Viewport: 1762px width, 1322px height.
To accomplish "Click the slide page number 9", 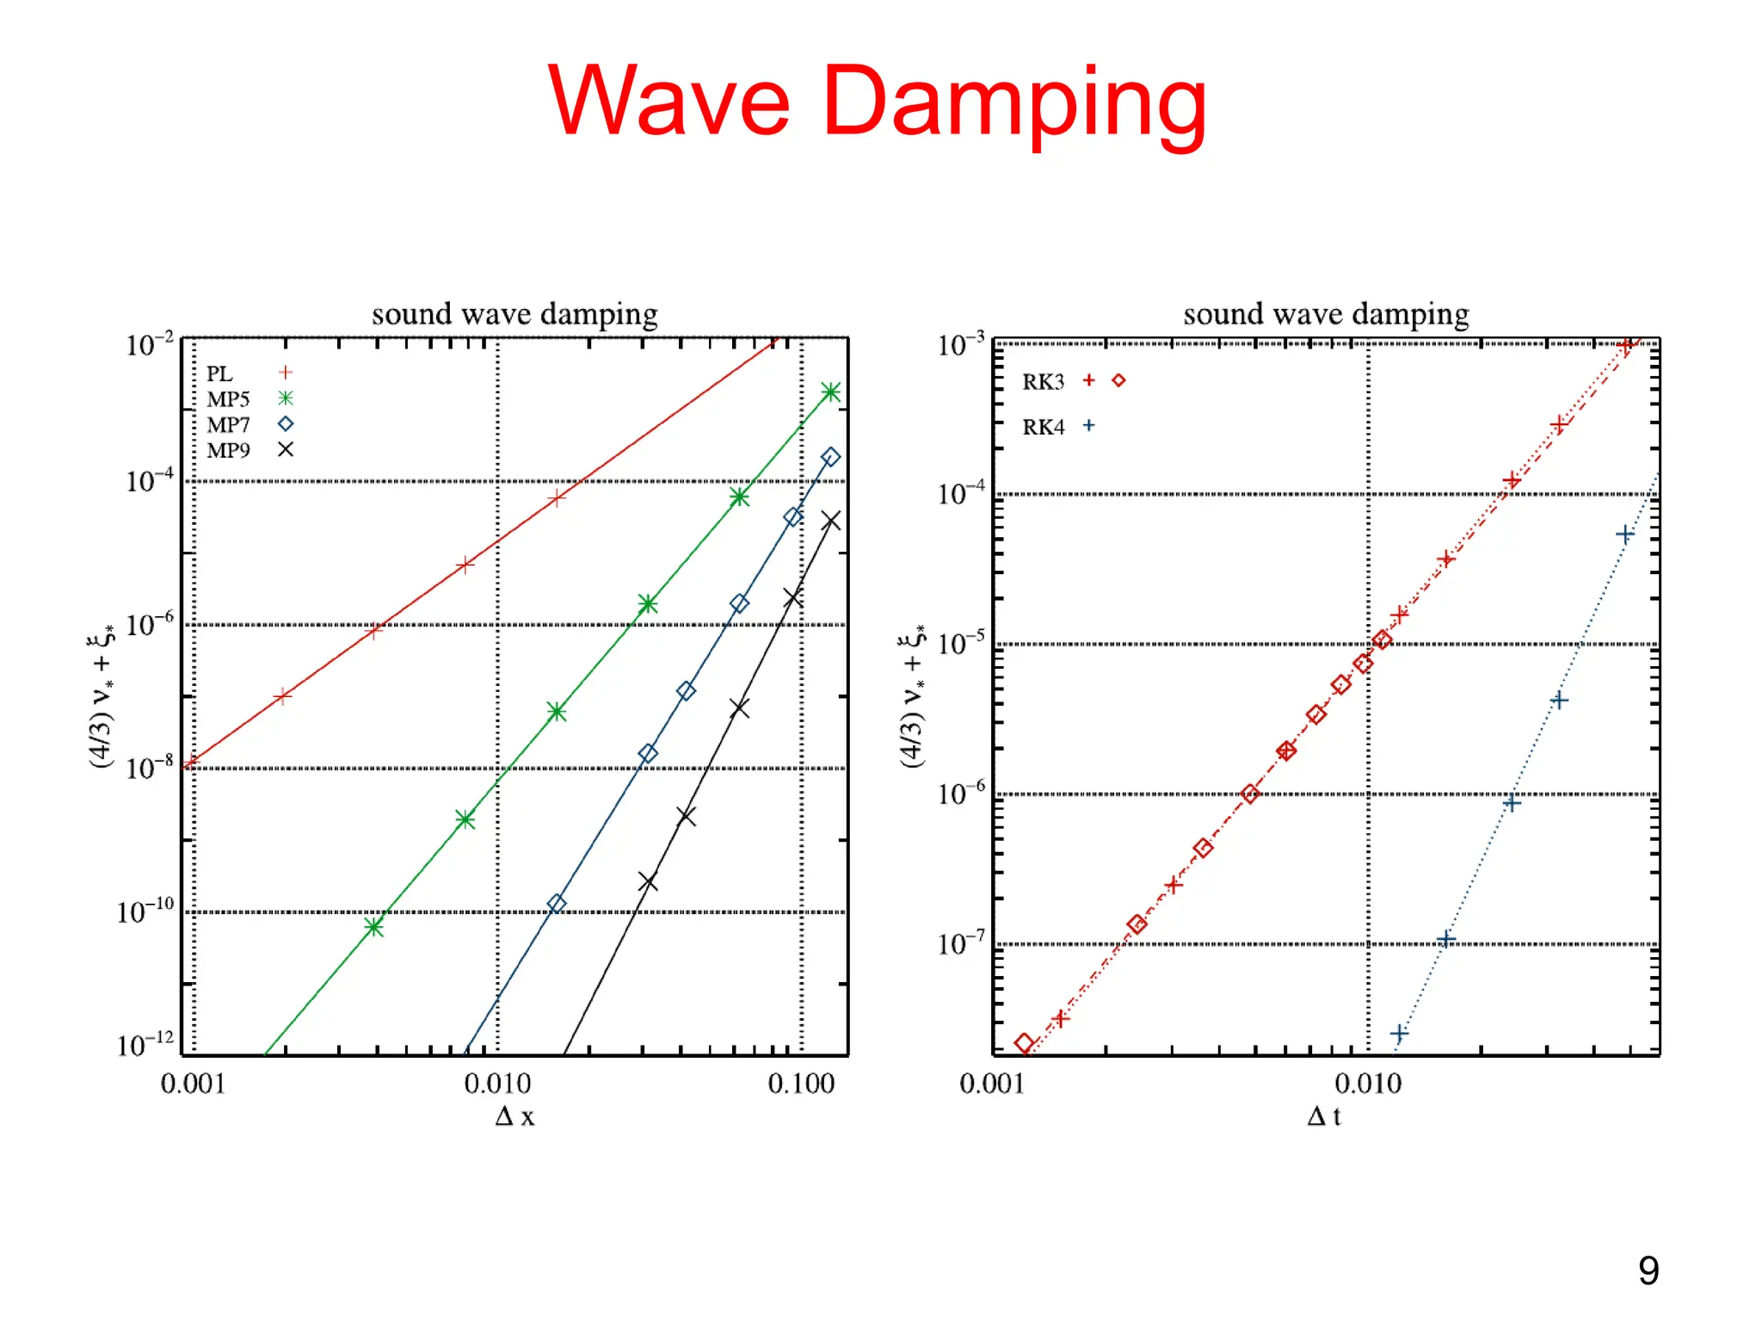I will click(x=1648, y=1270).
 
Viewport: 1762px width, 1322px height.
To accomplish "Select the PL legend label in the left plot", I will click(x=219, y=374).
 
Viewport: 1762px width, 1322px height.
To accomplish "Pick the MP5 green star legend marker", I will click(x=286, y=398).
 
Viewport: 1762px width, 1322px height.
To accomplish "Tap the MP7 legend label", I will click(x=228, y=424).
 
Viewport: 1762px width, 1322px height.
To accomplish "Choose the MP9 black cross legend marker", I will click(x=286, y=449).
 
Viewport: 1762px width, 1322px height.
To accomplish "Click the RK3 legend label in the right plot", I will click(x=1043, y=381).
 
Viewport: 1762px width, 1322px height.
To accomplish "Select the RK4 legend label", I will click(x=1043, y=427).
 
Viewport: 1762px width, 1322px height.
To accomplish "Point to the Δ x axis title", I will click(x=514, y=1116).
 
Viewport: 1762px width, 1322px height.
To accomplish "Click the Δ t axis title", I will click(x=1324, y=1116).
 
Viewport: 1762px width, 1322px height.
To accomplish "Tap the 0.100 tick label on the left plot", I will click(x=801, y=1084).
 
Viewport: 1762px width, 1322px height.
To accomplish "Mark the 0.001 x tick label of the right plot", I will click(x=992, y=1084).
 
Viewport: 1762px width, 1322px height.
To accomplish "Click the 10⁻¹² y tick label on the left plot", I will click(x=145, y=1044).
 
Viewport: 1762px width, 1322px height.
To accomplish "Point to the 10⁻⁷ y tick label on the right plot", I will click(x=961, y=944).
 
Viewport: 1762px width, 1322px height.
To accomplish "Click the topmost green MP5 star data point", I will click(x=830, y=392).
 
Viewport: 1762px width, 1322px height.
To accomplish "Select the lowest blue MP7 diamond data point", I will click(x=557, y=903).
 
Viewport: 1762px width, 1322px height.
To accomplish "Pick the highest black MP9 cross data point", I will click(x=830, y=521).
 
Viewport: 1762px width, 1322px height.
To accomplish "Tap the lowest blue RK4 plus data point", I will click(x=1399, y=1033).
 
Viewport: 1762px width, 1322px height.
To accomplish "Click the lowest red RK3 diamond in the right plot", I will click(x=1024, y=1043).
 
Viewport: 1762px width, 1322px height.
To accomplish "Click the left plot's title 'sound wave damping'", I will click(x=514, y=314).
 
